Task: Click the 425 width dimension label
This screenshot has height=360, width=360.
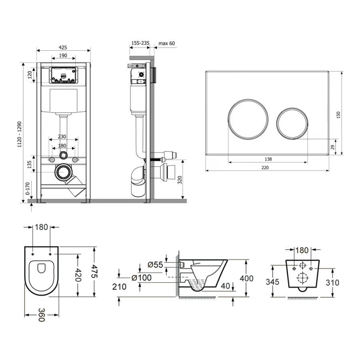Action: click(63, 48)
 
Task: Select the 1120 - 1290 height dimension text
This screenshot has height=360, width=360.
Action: click(20, 134)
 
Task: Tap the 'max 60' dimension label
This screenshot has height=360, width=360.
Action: click(167, 43)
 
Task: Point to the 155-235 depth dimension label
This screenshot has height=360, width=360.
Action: click(140, 43)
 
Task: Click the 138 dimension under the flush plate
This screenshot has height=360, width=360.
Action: click(268, 159)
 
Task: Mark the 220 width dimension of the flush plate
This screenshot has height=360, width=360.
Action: click(265, 168)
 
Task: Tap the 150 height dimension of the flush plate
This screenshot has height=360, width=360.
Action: click(338, 115)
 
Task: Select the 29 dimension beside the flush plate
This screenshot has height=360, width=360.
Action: click(333, 147)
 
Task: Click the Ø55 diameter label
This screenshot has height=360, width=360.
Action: click(155, 265)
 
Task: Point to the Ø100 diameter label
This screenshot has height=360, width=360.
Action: click(142, 278)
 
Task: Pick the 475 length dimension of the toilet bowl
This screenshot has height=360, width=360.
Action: click(94, 271)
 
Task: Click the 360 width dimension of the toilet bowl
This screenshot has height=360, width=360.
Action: click(41, 315)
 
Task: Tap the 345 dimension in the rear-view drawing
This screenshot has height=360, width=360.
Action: click(272, 282)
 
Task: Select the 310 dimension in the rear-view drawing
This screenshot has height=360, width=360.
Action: click(332, 283)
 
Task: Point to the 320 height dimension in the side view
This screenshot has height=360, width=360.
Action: click(180, 180)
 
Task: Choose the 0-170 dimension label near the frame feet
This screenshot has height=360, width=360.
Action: click(28, 188)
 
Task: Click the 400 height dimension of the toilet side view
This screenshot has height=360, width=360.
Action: click(246, 278)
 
